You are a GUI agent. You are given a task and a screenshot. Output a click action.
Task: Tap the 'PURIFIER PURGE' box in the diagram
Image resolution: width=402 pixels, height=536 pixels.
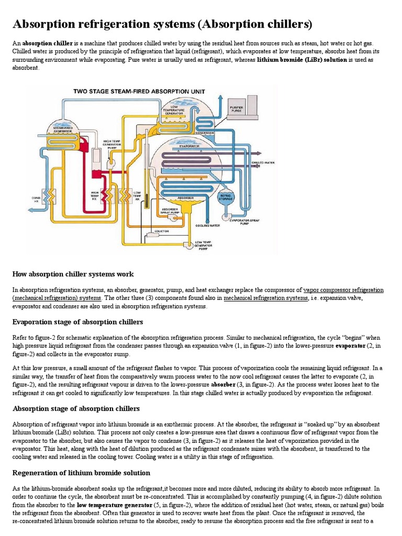[236, 110]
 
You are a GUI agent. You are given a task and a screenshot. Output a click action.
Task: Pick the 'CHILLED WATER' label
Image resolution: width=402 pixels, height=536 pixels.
[263, 163]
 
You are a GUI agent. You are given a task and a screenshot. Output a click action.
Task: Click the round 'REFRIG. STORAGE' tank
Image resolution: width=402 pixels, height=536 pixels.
[226, 197]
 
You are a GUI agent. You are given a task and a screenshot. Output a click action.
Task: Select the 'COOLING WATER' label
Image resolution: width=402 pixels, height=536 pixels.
[207, 226]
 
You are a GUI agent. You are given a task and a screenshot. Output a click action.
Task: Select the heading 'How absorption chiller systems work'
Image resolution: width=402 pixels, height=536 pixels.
[73, 274]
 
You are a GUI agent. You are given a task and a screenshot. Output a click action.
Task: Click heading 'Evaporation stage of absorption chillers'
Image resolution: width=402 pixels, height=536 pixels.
[77, 321]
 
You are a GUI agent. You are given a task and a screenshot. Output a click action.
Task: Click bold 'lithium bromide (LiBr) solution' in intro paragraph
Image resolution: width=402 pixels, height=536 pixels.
[302, 60]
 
